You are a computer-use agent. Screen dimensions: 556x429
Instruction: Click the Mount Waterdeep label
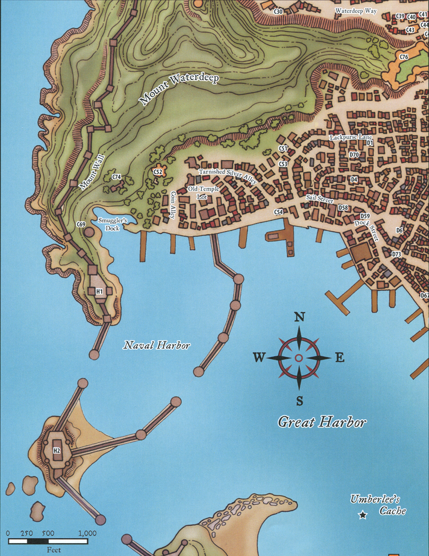(179, 87)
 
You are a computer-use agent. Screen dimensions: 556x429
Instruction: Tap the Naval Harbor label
(157, 346)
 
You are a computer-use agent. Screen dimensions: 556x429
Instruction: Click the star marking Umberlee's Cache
(363, 515)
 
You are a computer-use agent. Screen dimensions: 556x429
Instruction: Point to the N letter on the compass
(299, 317)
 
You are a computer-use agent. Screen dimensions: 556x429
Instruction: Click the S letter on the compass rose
(299, 400)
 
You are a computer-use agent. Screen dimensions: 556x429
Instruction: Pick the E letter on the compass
(340, 358)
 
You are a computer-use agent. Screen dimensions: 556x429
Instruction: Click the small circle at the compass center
(299, 358)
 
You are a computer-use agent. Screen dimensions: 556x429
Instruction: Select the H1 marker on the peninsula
(99, 291)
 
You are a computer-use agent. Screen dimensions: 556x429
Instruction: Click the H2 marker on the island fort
(57, 450)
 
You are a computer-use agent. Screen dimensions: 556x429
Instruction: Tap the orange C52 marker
(158, 172)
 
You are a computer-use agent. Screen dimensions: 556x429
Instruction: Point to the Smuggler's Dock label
(113, 224)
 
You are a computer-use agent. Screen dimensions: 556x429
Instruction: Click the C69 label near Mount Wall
(81, 225)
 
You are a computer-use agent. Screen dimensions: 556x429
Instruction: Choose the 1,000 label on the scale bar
(87, 533)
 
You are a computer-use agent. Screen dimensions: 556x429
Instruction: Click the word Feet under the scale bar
(53, 550)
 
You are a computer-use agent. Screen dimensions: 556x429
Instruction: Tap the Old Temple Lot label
(204, 193)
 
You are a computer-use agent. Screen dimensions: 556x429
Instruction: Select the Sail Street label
(320, 197)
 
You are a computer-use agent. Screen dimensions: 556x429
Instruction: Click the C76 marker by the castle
(404, 57)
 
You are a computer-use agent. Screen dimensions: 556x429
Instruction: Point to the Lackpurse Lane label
(351, 137)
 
